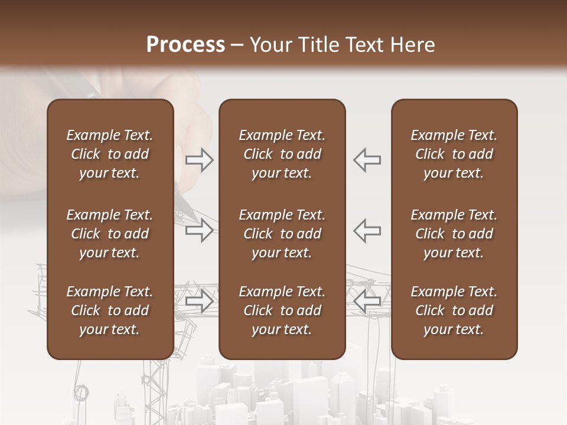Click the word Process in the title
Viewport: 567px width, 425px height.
185,45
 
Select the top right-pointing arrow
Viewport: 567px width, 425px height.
200,160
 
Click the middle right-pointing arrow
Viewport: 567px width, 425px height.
200,230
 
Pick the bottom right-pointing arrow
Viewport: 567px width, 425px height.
200,300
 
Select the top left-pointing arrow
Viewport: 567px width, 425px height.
367,160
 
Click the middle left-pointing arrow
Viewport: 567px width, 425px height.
367,230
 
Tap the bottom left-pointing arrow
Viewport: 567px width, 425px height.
367,300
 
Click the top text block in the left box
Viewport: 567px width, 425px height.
110,154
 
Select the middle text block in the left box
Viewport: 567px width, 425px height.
110,234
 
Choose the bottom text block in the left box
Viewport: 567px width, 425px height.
110,310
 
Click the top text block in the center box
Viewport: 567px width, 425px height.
282,154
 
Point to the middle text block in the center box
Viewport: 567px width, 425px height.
282,234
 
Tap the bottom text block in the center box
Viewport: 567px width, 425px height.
282,310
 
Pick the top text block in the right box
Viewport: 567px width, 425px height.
454,154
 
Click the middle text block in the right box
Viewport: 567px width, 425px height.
454,234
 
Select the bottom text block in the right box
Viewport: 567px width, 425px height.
454,310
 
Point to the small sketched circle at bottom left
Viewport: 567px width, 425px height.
82,392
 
